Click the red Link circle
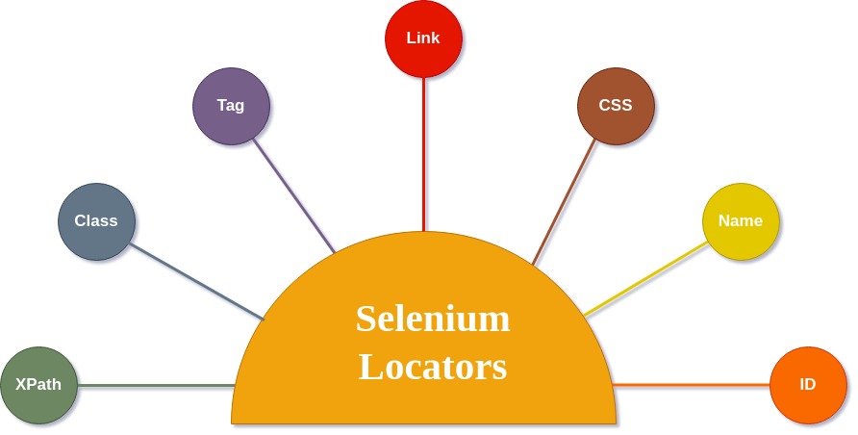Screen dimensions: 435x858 click(423, 38)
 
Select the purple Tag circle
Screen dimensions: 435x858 click(231, 106)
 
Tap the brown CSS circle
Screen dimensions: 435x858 click(616, 106)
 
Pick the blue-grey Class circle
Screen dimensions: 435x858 click(96, 221)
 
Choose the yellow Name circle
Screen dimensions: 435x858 click(741, 221)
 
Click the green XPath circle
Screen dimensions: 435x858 click(38, 385)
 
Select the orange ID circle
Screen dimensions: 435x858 click(808, 385)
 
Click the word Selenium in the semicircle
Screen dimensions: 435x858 click(433, 319)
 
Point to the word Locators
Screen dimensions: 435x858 click(433, 367)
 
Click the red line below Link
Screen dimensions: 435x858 click(423, 154)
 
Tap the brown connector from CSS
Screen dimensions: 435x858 click(565, 203)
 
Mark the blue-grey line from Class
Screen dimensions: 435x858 click(196, 281)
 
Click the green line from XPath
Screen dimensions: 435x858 click(154, 385)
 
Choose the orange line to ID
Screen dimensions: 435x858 click(693, 385)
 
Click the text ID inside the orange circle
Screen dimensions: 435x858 click(808, 385)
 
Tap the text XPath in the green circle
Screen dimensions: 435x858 click(38, 385)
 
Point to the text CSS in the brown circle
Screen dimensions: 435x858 click(616, 106)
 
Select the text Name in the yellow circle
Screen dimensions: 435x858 click(741, 221)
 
